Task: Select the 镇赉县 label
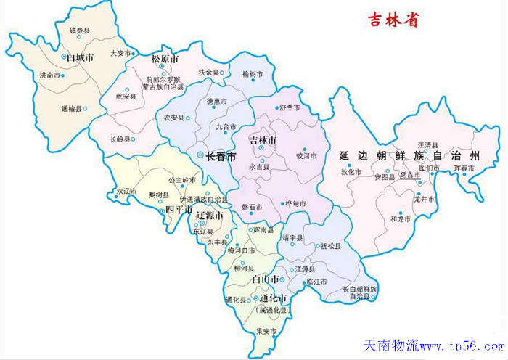click(x=79, y=30)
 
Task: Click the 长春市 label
click(x=221, y=156)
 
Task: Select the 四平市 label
click(x=178, y=210)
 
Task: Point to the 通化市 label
click(x=273, y=298)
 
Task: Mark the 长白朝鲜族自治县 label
click(x=360, y=292)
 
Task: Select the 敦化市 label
click(x=351, y=172)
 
